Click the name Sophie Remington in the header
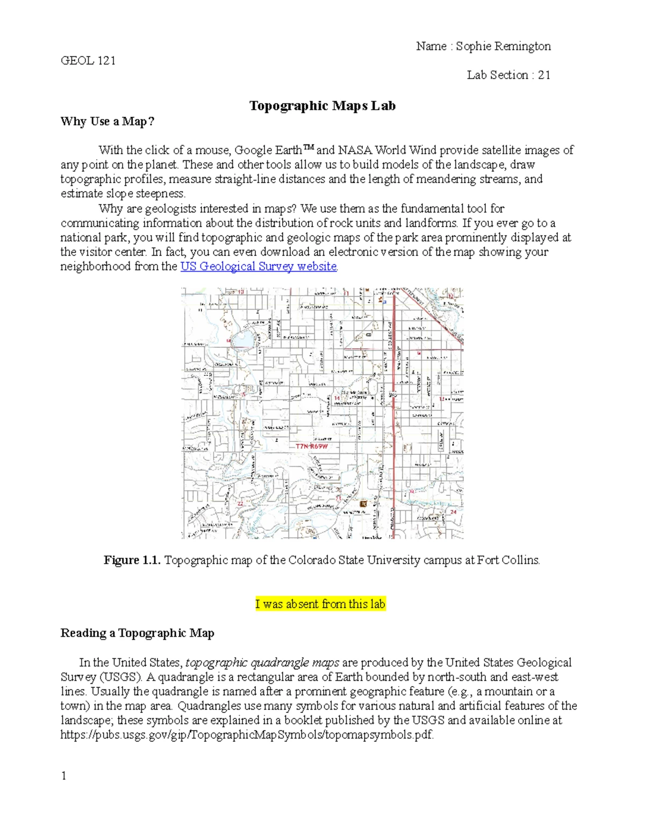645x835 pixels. [503, 46]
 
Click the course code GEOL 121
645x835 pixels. [88, 60]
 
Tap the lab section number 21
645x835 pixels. [544, 75]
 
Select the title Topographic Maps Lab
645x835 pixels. [322, 105]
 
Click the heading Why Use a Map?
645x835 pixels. [107, 121]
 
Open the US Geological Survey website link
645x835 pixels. [259, 266]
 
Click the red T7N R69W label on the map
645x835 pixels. [311, 446]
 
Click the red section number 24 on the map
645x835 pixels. [453, 512]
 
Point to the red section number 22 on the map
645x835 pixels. [240, 503]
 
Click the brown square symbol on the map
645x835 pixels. [364, 504]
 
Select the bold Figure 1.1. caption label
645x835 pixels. [132, 560]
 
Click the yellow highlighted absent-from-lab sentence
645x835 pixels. [320, 604]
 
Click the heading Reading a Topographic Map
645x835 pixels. [137, 633]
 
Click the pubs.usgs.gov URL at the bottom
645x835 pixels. [247, 735]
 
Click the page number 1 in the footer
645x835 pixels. [63, 775]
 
